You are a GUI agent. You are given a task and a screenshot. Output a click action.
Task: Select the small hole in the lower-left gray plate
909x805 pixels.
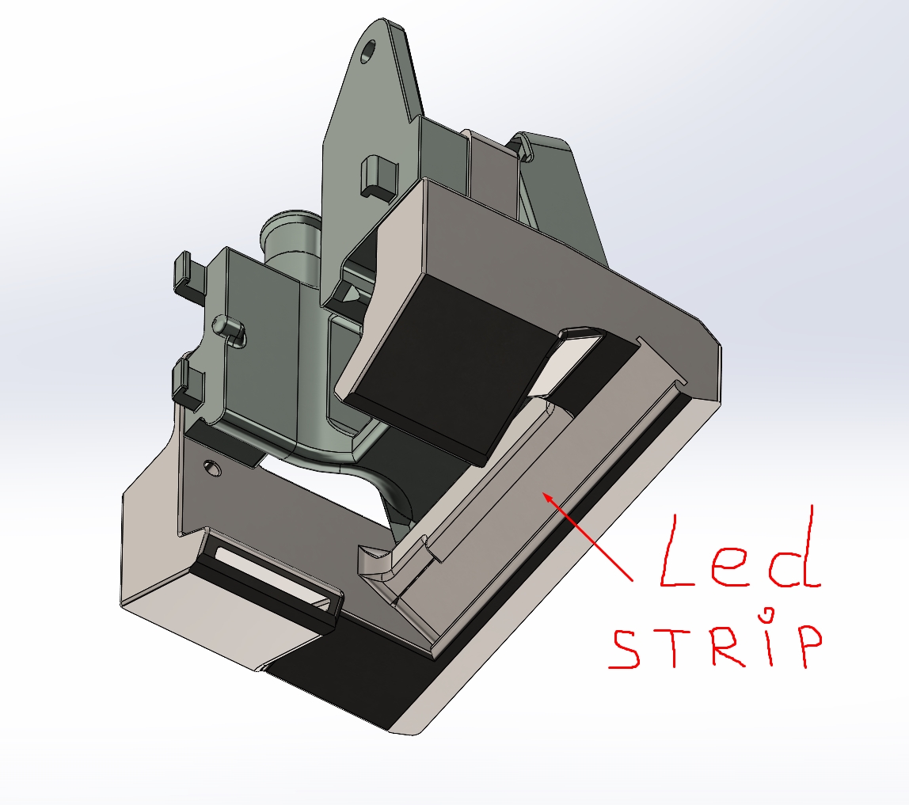[212, 467]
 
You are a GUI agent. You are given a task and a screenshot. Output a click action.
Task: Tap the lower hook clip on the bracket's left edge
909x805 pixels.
[188, 380]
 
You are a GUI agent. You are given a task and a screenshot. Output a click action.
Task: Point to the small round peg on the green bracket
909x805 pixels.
[227, 325]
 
